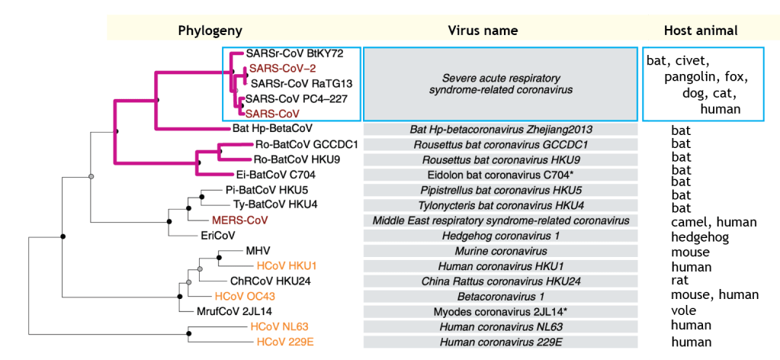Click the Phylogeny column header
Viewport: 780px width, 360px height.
click(x=210, y=31)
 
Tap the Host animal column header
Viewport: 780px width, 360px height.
click(x=700, y=31)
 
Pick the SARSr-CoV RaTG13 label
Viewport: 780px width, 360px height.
click(x=300, y=83)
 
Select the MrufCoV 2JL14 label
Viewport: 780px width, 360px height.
click(x=223, y=311)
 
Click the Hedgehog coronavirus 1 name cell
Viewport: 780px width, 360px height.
click(x=500, y=236)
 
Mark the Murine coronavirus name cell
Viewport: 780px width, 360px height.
click(x=500, y=251)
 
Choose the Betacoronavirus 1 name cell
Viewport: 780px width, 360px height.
click(x=500, y=296)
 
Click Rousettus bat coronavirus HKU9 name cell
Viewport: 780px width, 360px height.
click(x=500, y=160)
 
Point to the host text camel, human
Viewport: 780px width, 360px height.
click(x=714, y=222)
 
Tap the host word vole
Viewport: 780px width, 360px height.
click(x=683, y=310)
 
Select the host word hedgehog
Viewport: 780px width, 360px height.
click(x=700, y=237)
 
